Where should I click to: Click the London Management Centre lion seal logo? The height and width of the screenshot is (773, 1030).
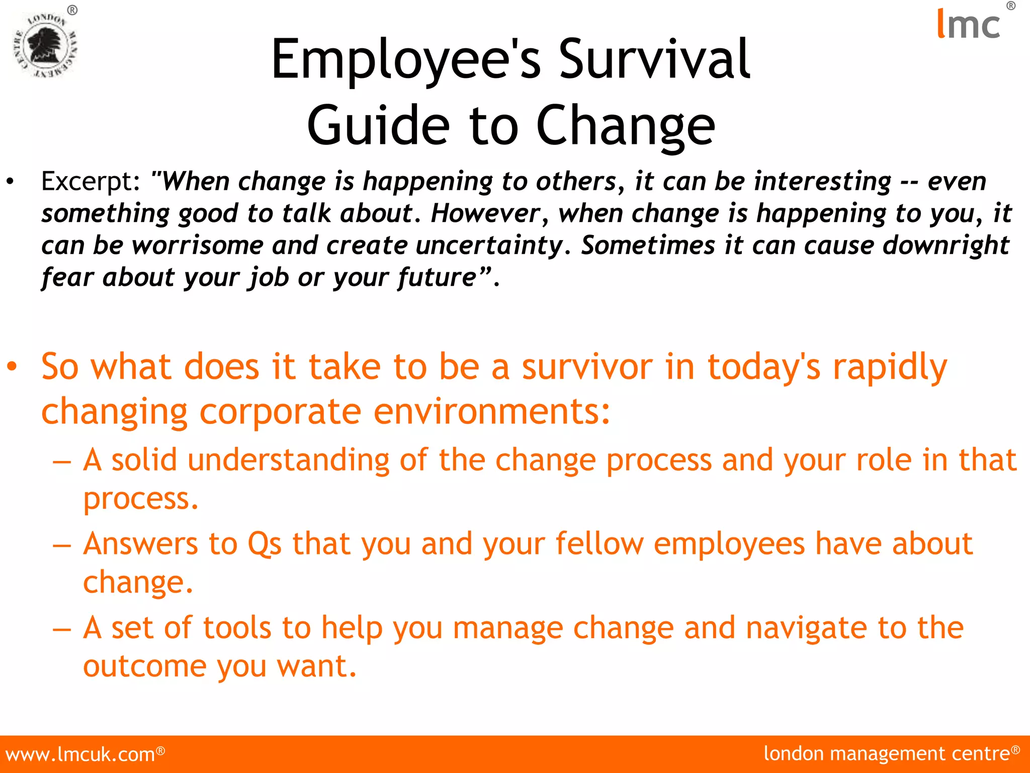[45, 45]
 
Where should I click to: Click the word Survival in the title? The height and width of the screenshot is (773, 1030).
[654, 60]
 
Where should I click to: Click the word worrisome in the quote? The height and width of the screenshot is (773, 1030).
[198, 246]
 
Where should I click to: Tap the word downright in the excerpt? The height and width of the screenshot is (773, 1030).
[946, 246]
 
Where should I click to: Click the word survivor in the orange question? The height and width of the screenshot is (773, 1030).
[587, 367]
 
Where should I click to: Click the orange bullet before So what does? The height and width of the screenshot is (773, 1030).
[12, 367]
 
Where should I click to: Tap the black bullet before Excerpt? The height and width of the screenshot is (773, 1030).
[10, 182]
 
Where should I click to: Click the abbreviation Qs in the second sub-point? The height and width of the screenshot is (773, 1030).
[265, 545]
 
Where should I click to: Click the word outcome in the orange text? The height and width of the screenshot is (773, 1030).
[145, 667]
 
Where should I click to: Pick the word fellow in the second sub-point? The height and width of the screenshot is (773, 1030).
[599, 545]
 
